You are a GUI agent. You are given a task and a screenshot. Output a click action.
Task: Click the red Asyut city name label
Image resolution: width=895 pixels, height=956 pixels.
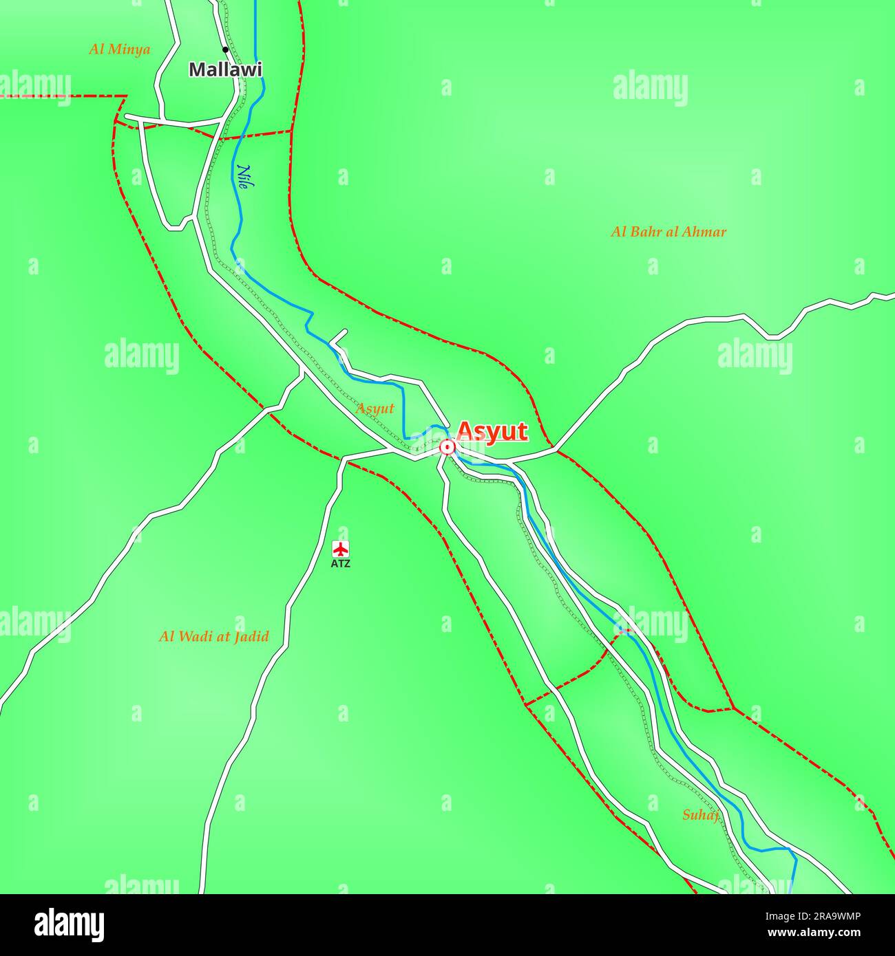pyautogui.click(x=492, y=431)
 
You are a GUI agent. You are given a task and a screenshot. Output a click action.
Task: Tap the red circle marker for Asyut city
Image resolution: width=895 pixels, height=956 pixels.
pyautogui.click(x=447, y=448)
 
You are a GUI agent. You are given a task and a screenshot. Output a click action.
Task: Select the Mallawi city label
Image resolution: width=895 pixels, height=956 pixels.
pyautogui.click(x=225, y=69)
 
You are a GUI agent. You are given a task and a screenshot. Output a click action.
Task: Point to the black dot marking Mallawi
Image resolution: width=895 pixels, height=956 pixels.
pyautogui.click(x=225, y=50)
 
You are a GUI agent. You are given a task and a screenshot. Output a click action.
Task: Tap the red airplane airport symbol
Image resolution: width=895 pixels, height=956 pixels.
pyautogui.click(x=341, y=549)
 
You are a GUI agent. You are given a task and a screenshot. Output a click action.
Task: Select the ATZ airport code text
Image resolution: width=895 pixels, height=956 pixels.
pyautogui.click(x=341, y=564)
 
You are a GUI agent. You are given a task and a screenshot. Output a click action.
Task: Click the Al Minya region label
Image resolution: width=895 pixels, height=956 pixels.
pyautogui.click(x=120, y=50)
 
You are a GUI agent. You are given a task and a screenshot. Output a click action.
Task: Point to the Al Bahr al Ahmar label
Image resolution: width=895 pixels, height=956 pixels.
pyautogui.click(x=668, y=232)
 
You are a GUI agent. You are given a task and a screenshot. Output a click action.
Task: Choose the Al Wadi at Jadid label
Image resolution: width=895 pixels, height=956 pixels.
pyautogui.click(x=214, y=636)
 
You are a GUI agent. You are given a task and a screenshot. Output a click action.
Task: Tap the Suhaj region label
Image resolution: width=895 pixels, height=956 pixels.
pyautogui.click(x=700, y=816)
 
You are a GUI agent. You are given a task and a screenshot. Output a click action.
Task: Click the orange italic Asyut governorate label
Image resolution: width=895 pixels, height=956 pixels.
pyautogui.click(x=375, y=409)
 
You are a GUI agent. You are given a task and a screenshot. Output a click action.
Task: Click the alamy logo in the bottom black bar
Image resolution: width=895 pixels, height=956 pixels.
pyautogui.click(x=70, y=925)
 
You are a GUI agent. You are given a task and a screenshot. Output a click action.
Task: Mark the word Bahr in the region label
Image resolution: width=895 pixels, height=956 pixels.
pyautogui.click(x=644, y=232)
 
